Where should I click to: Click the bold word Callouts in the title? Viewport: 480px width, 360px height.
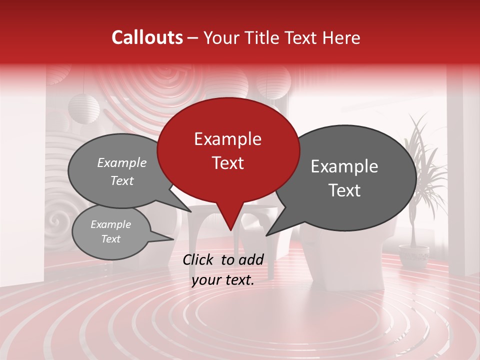tap(147, 37)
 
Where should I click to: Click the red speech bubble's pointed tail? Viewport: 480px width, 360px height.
tap(230, 225)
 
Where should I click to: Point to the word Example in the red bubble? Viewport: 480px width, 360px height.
tap(227, 139)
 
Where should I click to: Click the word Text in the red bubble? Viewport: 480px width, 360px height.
tap(227, 163)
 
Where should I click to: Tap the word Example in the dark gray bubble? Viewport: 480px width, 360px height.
tap(344, 166)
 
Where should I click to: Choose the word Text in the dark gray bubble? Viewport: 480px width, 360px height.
tap(344, 190)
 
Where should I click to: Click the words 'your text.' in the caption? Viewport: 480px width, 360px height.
tap(223, 280)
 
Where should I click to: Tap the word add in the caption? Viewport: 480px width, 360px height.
tap(251, 259)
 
